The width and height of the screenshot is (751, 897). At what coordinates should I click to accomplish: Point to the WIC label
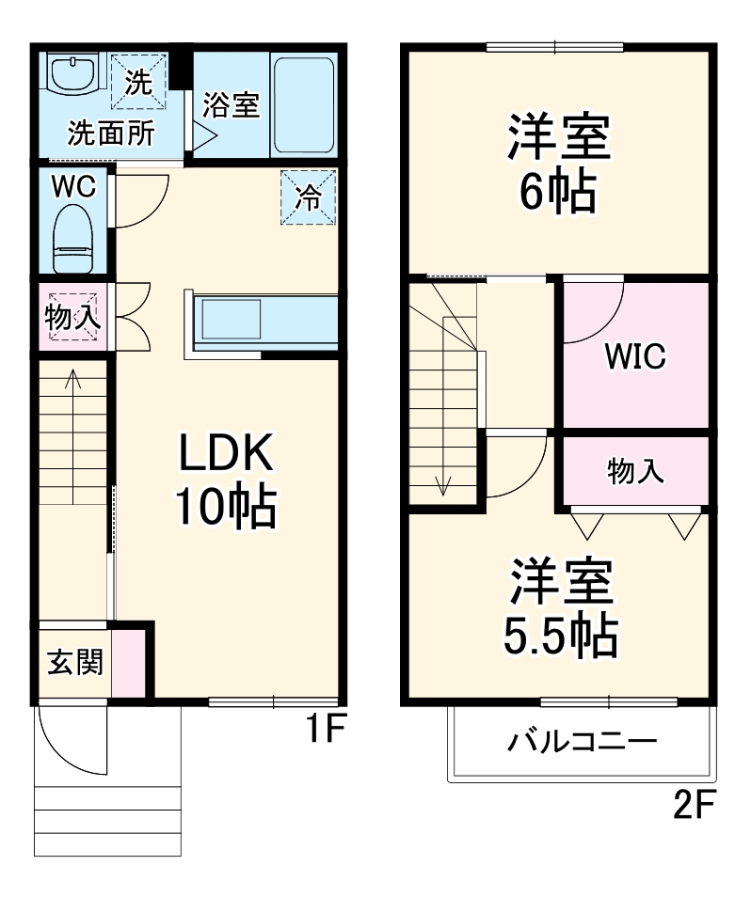pyautogui.click(x=635, y=356)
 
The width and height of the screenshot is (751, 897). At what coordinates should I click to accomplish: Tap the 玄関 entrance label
pyautogui.click(x=72, y=662)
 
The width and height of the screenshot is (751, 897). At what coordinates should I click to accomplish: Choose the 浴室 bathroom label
pyautogui.click(x=231, y=105)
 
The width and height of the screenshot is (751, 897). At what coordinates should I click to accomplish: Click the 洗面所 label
pyautogui.click(x=110, y=133)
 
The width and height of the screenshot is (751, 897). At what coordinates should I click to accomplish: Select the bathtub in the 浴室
pyautogui.click(x=303, y=103)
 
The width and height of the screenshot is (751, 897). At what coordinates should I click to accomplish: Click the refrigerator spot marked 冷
pyautogui.click(x=308, y=197)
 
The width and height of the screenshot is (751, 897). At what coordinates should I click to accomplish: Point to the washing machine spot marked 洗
pyautogui.click(x=138, y=82)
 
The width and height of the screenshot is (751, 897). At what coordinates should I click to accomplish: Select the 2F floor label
pyautogui.click(x=695, y=805)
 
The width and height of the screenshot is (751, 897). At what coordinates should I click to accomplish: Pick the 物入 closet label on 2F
pyautogui.click(x=635, y=471)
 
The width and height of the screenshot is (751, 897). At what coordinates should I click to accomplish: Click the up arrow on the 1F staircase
pyautogui.click(x=72, y=386)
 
